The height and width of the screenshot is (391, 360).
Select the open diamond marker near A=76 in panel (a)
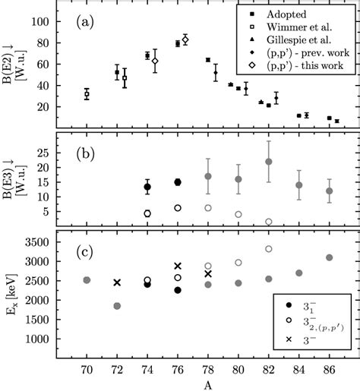coord(185,39)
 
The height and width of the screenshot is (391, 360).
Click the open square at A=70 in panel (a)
coord(87,94)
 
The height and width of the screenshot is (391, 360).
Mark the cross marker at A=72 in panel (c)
coord(117,282)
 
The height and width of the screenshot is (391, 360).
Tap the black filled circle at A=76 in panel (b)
coord(178,182)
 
